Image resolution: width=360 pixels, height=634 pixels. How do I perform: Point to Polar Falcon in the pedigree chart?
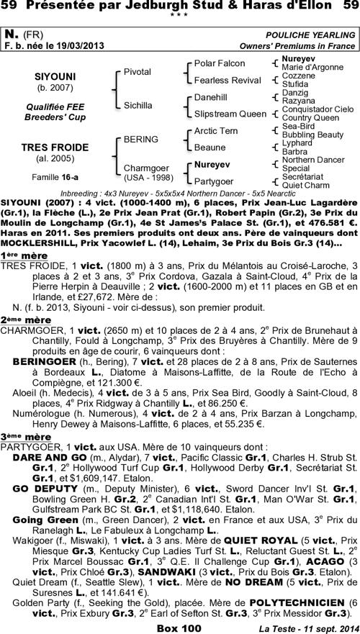click(x=220, y=63)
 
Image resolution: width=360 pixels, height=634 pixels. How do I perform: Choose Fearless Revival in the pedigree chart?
click(x=227, y=79)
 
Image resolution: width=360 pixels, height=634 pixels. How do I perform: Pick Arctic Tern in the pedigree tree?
click(x=216, y=130)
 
